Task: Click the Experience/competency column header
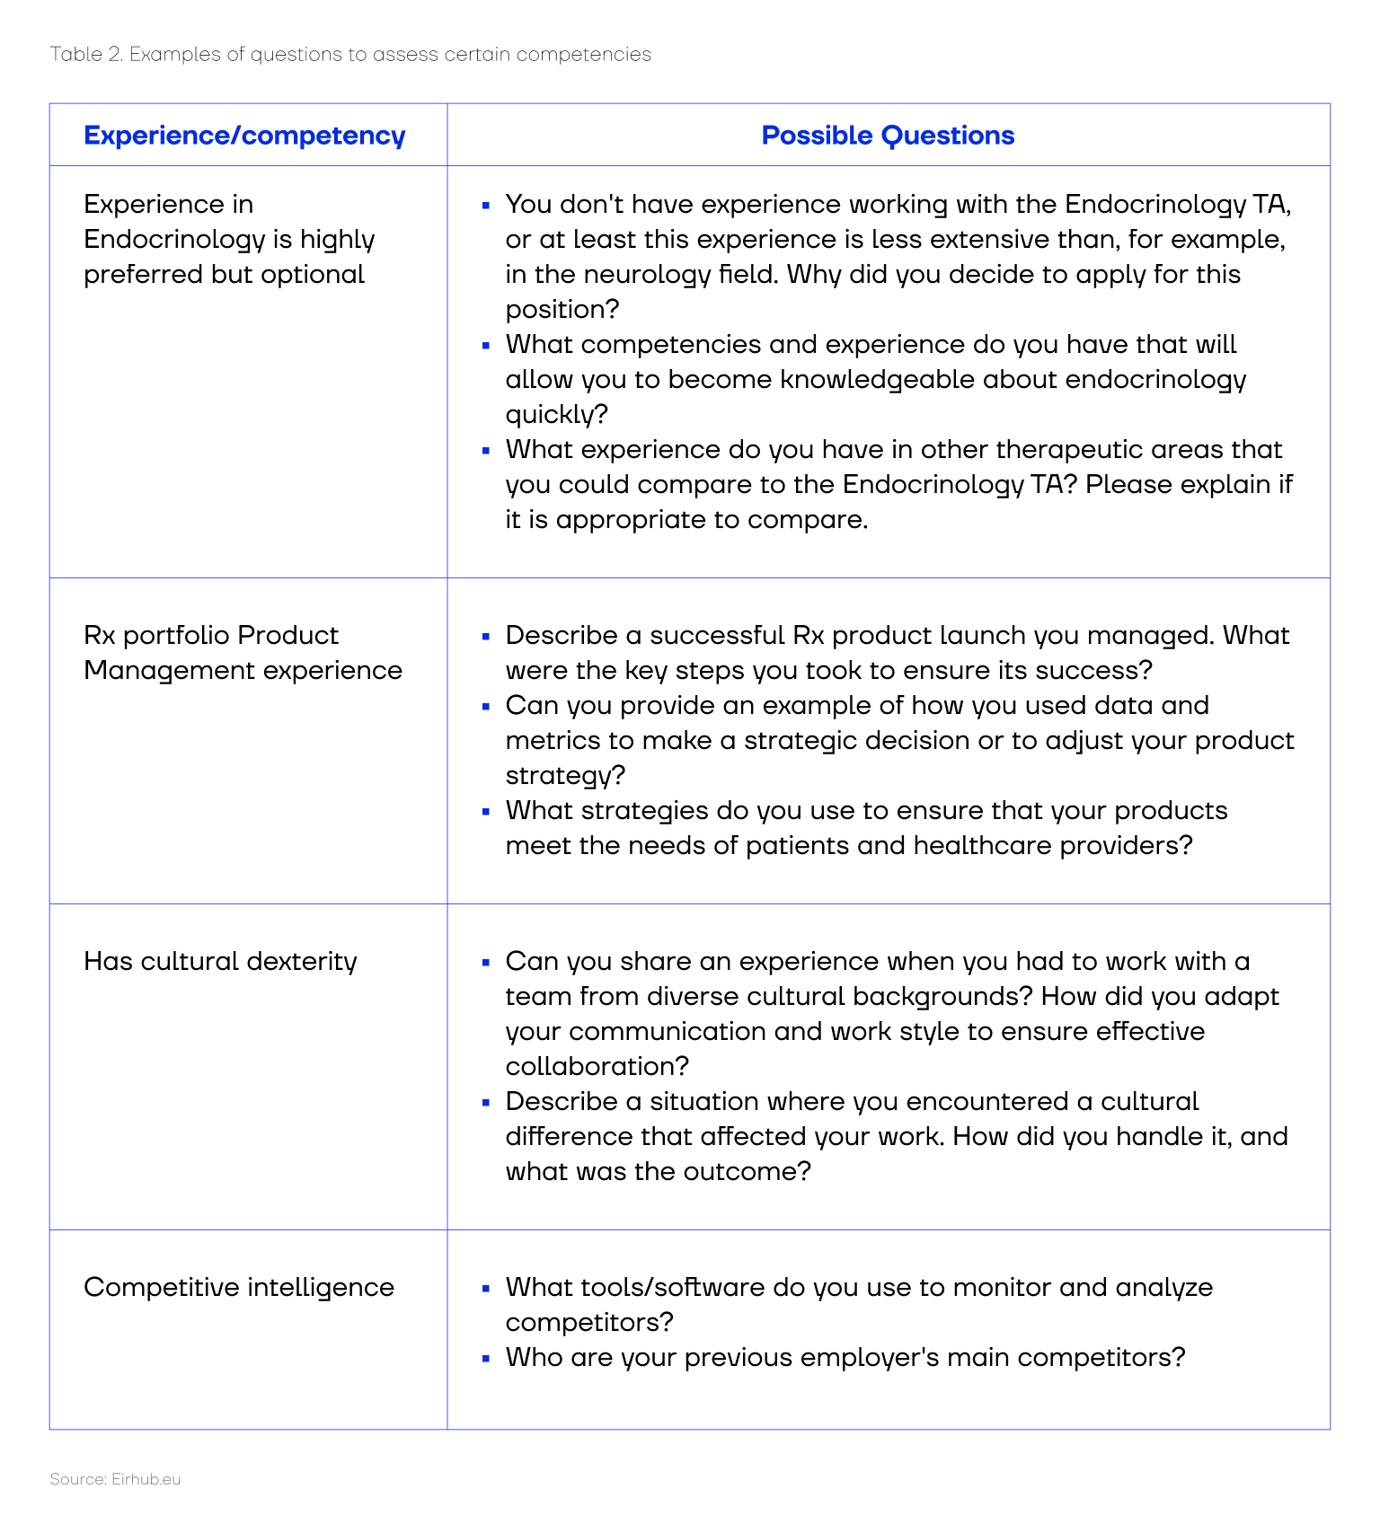pyautogui.click(x=244, y=136)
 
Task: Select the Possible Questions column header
pyautogui.click(x=888, y=136)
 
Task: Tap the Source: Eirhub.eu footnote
pyautogui.click(x=115, y=1479)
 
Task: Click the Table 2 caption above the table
pyautogui.click(x=350, y=54)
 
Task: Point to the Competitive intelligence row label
pyautogui.click(x=239, y=1287)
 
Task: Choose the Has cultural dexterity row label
pyautogui.click(x=220, y=961)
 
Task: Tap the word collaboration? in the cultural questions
pyautogui.click(x=597, y=1066)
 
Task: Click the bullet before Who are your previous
pyautogui.click(x=486, y=1358)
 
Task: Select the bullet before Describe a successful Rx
pyautogui.click(x=486, y=636)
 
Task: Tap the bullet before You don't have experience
pyautogui.click(x=486, y=205)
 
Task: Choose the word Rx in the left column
pyautogui.click(x=100, y=635)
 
